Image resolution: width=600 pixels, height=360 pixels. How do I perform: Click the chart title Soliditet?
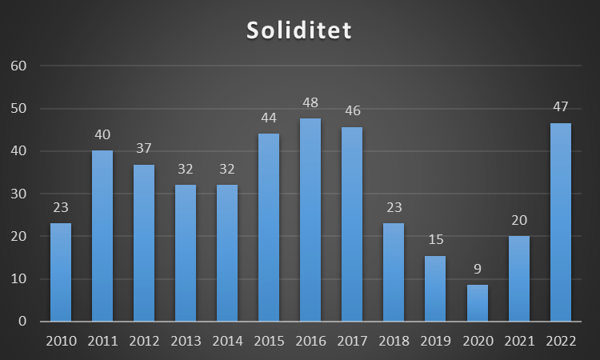coord(299,30)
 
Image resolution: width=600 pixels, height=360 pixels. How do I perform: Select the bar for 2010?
coord(61,272)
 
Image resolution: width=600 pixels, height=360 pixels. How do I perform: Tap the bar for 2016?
coord(310,220)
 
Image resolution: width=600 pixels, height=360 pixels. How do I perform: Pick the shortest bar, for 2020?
coord(477,303)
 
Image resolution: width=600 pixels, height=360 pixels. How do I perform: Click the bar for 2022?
coord(560,222)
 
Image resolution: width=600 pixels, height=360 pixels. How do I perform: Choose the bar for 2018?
coord(394,272)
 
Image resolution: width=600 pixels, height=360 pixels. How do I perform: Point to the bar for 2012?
coord(144,243)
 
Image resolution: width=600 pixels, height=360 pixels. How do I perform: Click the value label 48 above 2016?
coord(310,103)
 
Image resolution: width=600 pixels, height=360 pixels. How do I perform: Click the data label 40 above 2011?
coord(102,134)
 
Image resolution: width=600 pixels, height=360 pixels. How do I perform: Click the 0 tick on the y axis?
coord(23,322)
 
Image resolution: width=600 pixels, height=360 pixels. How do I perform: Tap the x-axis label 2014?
coord(227,342)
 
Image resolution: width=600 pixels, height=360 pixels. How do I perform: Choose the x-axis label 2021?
coord(518,342)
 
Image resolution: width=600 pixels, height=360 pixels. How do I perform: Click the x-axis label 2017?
coord(352,342)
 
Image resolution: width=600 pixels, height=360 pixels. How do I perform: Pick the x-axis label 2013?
coord(186,342)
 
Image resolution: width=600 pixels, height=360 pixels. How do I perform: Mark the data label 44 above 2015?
coord(269,118)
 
